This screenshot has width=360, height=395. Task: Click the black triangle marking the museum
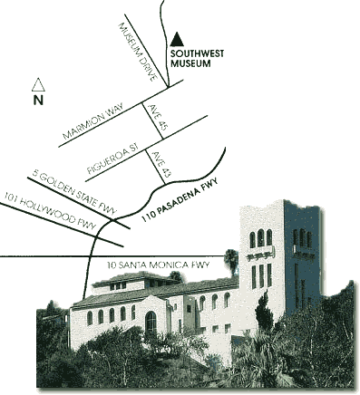[178, 38]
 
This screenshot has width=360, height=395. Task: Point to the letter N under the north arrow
[38, 101]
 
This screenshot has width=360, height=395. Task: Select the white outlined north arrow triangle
[38, 84]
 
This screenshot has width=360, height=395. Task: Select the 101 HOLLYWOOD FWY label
[51, 211]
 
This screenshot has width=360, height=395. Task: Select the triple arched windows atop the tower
[260, 238]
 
